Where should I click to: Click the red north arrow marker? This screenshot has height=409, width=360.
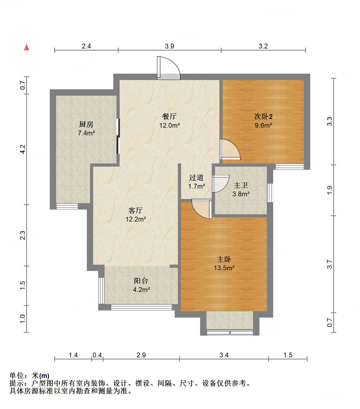coord(27,47)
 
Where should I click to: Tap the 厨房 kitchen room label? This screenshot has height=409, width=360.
coord(86,124)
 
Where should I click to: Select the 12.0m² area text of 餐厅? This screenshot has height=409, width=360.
coord(169,125)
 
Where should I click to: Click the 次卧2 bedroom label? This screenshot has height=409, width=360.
coord(263,117)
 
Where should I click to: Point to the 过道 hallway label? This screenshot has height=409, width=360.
coord(196,178)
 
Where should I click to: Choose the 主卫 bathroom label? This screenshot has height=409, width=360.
coord(241,185)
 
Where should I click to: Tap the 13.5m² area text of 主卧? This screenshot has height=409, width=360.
coord(224,268)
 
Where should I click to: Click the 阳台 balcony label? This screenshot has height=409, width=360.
coord(141,281)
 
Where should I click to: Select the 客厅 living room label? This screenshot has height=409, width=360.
coord(136,211)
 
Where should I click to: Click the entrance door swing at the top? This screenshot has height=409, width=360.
coord(169,68)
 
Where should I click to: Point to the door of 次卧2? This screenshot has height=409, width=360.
coord(230,150)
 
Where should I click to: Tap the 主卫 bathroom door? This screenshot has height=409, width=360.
coord(220,184)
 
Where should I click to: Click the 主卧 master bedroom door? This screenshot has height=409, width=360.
coord(202,209)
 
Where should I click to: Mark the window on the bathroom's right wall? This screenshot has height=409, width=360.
coord(270,193)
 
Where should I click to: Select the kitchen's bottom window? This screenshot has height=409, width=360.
coord(67,206)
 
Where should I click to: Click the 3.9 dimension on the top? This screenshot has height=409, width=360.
coord(169,46)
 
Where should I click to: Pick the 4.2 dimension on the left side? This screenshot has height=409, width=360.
coord(22,149)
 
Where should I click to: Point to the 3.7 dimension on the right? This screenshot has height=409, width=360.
coord(330,264)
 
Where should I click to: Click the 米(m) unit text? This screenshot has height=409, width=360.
coord(40,376)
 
